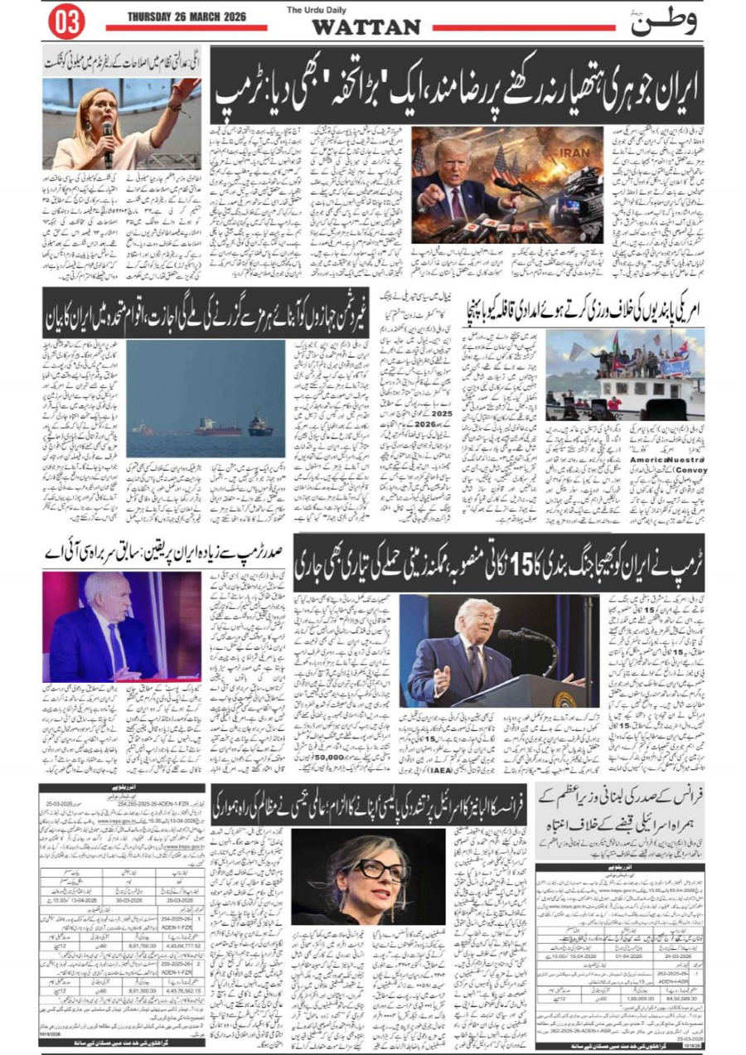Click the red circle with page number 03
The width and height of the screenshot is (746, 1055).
click(x=66, y=22)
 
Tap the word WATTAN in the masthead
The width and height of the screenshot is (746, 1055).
click(x=366, y=27)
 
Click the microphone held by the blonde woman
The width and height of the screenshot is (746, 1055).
click(x=107, y=133)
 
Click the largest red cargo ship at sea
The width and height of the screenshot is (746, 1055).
click(x=217, y=426)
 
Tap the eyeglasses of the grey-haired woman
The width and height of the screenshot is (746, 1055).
click(x=380, y=871)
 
